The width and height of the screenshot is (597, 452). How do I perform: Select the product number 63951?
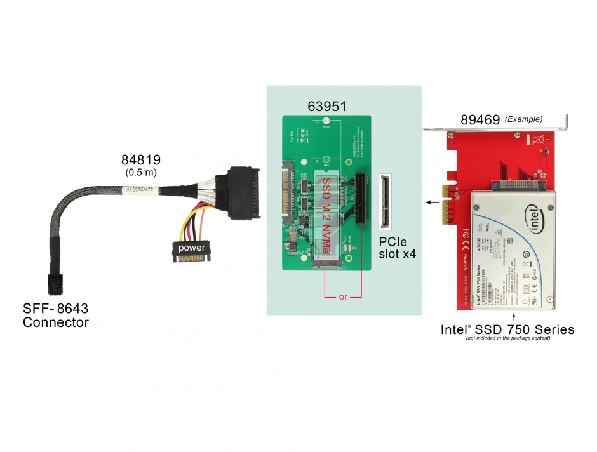tap(327, 106)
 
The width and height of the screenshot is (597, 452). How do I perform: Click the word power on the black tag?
tap(191, 247)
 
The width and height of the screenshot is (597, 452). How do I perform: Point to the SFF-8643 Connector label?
tap(56, 316)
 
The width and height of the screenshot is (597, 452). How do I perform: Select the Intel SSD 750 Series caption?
tap(507, 329)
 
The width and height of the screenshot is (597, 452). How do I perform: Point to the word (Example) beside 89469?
tap(523, 119)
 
